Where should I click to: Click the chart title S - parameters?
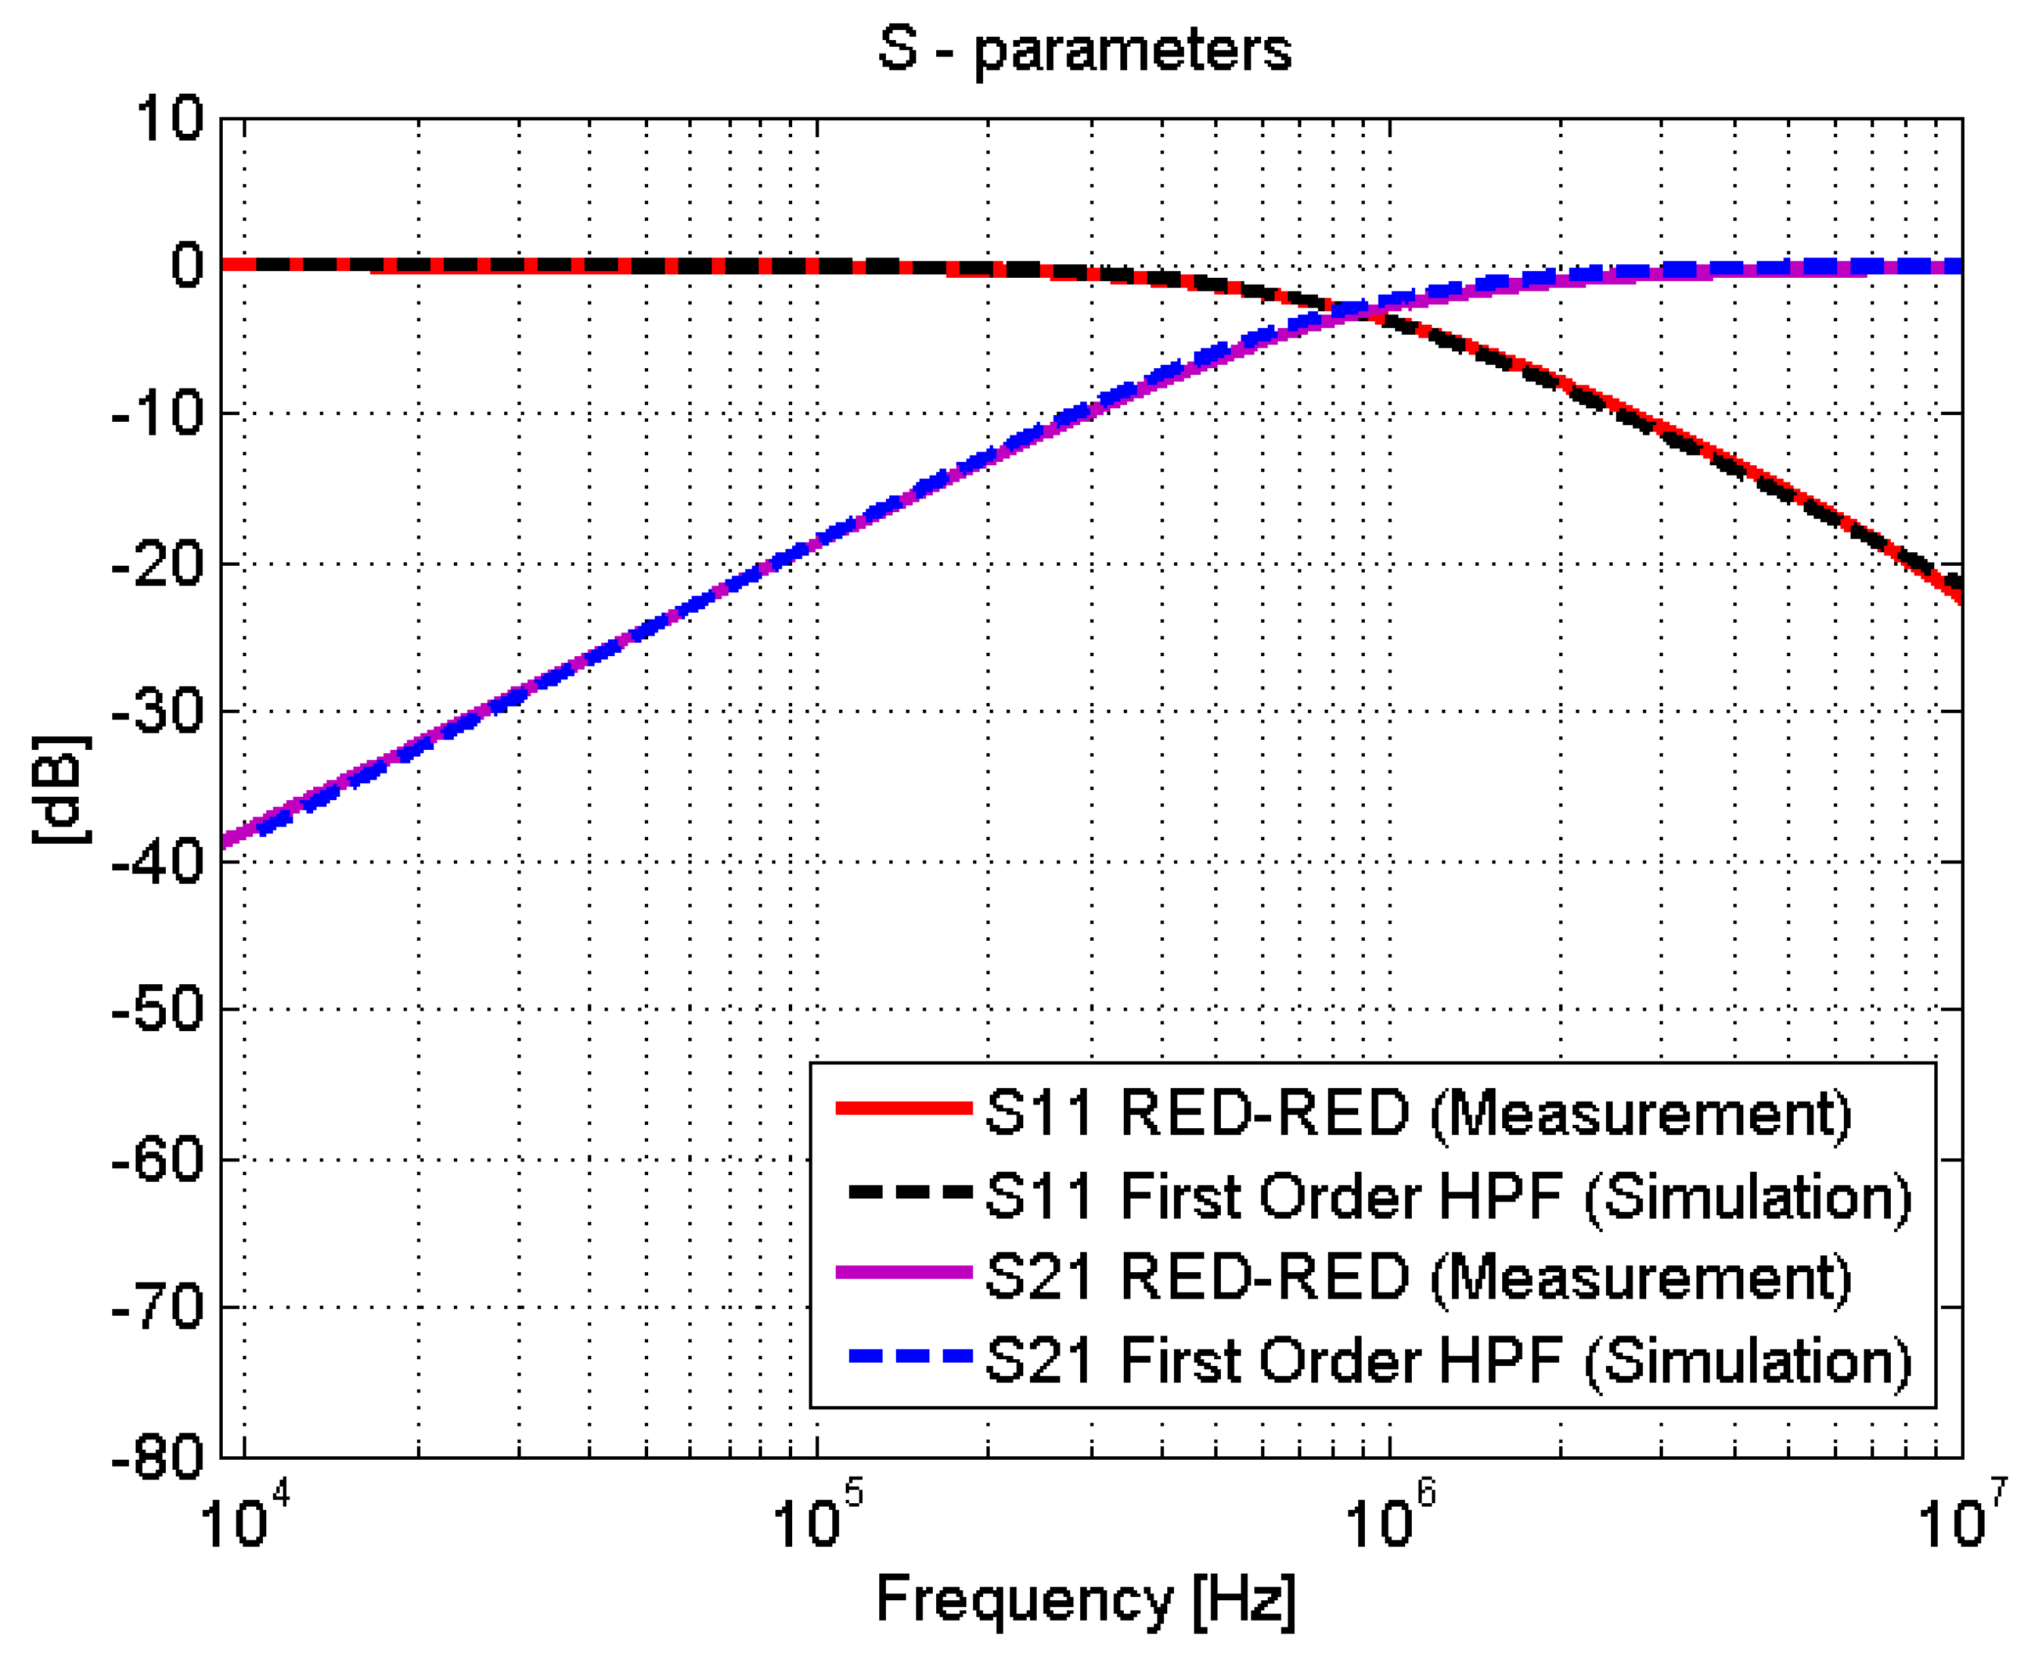point(1084,50)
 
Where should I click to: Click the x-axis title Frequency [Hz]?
point(1084,1599)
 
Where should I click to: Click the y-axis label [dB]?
point(60,790)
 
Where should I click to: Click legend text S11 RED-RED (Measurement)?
point(1417,1113)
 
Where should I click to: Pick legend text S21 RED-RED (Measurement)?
point(1417,1276)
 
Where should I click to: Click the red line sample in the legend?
point(904,1109)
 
